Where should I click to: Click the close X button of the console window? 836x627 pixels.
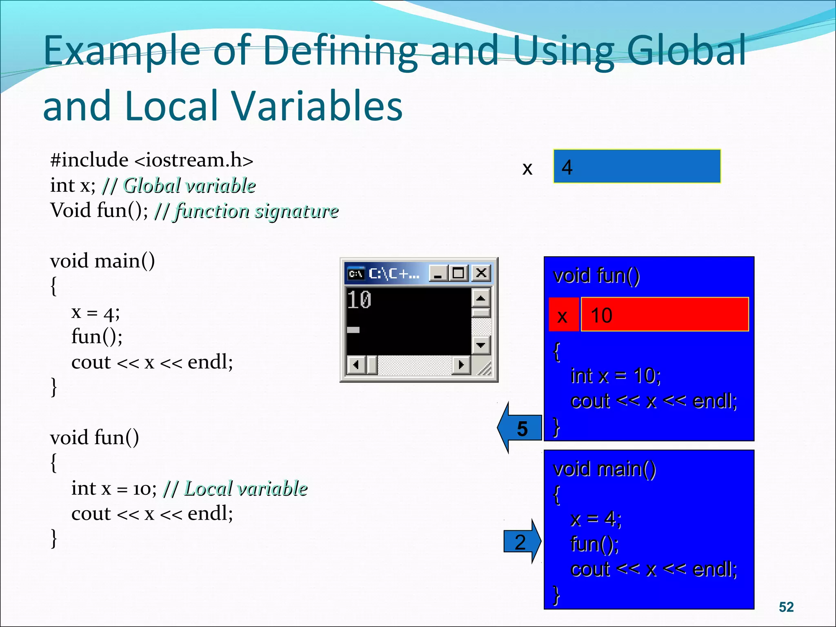tap(481, 273)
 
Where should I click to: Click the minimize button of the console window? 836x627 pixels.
tap(438, 273)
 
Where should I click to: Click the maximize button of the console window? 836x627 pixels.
tap(459, 273)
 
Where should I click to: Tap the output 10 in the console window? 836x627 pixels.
tap(359, 300)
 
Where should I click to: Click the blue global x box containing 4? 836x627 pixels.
tap(637, 167)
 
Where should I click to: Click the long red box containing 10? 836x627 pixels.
tap(665, 315)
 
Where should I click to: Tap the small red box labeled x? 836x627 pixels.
tap(563, 315)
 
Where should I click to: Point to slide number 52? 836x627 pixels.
tap(786, 607)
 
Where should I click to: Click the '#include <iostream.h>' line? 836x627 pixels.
tap(151, 160)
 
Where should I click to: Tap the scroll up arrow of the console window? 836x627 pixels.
tap(481, 298)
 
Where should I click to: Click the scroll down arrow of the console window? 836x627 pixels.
tap(481, 345)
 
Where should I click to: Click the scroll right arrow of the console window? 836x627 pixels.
tap(461, 365)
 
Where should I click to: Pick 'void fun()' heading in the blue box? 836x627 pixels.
tap(596, 276)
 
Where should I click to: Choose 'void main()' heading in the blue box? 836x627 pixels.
tap(605, 469)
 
